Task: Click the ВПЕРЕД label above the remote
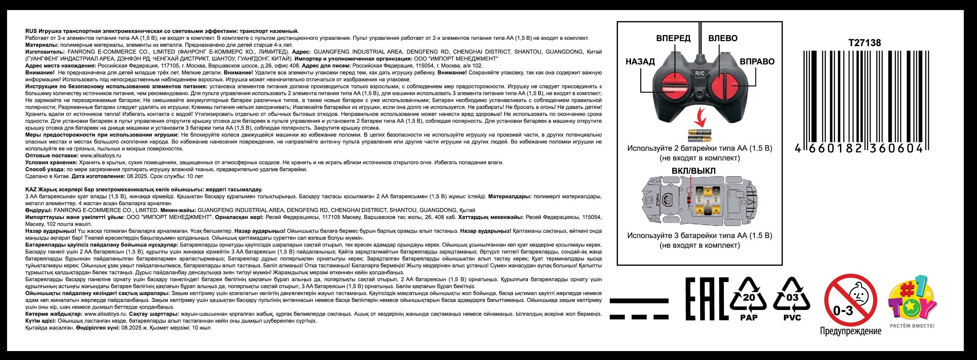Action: tap(673, 38)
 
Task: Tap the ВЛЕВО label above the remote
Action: tap(723, 38)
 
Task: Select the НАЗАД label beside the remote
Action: tap(640, 61)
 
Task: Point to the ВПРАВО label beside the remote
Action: tap(757, 61)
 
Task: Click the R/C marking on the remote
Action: tap(700, 73)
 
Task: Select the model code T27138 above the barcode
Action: tap(865, 43)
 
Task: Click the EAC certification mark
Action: tap(707, 299)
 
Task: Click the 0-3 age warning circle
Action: tap(851, 300)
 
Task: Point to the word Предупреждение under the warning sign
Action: tap(851, 331)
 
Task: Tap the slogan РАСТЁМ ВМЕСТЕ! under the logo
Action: tap(912, 326)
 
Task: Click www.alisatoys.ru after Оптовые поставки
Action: tap(101, 156)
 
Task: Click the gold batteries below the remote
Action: tap(700, 135)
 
